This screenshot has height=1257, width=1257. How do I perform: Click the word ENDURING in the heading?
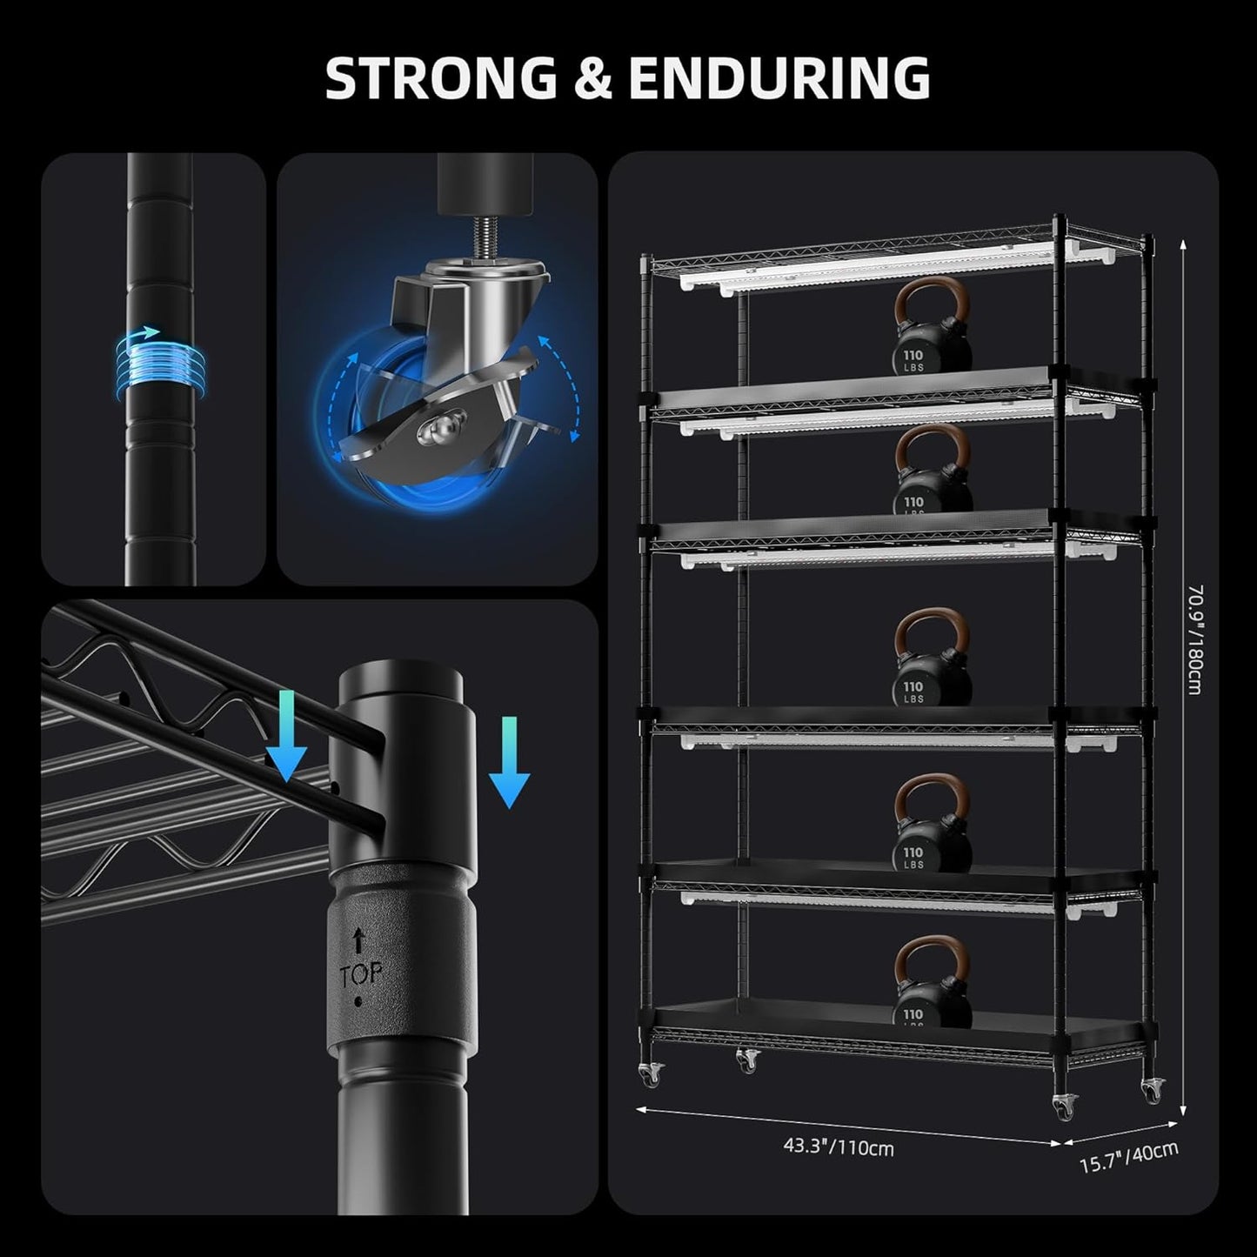(x=779, y=78)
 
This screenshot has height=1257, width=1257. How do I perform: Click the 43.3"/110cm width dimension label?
(x=839, y=1148)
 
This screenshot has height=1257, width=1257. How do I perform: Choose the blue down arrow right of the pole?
(x=508, y=762)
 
